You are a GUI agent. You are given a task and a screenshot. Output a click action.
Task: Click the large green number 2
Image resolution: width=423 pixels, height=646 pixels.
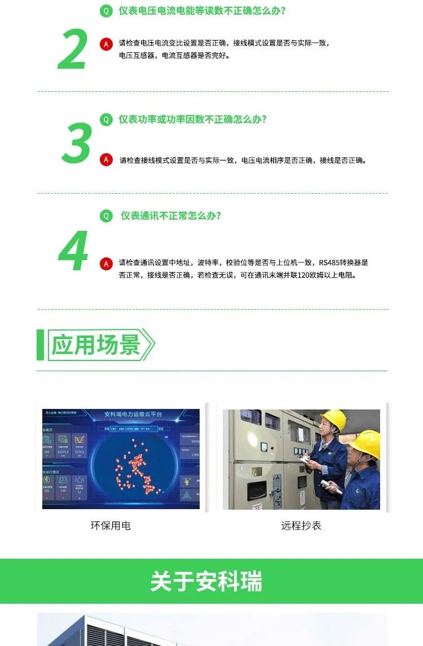pyautogui.click(x=73, y=50)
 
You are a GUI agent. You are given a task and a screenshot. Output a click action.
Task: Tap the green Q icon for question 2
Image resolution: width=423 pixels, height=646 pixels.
pyautogui.click(x=106, y=11)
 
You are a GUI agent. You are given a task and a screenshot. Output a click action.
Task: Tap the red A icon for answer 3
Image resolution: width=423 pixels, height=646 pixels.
pyautogui.click(x=106, y=160)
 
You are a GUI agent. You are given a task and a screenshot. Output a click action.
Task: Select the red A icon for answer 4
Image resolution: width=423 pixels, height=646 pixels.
pyautogui.click(x=106, y=263)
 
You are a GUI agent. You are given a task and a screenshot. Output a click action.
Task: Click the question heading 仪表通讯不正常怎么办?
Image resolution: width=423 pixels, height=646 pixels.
pyautogui.click(x=170, y=216)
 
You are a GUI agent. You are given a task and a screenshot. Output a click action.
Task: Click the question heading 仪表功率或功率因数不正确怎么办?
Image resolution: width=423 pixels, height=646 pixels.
pyautogui.click(x=192, y=119)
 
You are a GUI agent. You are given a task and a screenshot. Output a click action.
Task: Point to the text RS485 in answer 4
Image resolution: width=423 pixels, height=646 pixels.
pyautogui.click(x=329, y=262)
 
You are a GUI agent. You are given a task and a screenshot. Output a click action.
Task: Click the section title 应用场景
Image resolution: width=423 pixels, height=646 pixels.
pyautogui.click(x=95, y=345)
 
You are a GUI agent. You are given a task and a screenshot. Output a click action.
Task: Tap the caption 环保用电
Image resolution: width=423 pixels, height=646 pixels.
pyautogui.click(x=111, y=525)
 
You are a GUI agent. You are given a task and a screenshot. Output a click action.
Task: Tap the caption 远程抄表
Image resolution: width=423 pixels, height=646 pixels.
pyautogui.click(x=301, y=525)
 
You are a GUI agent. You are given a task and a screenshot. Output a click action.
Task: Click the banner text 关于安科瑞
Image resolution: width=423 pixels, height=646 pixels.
pyautogui.click(x=206, y=581)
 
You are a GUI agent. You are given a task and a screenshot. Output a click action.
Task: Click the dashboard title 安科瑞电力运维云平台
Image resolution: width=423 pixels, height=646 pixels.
pyautogui.click(x=133, y=415)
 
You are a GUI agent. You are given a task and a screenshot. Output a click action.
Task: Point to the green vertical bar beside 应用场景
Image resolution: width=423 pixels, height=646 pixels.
pyautogui.click(x=40, y=345)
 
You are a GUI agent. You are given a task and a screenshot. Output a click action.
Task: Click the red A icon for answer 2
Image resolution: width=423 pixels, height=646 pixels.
pyautogui.click(x=106, y=44)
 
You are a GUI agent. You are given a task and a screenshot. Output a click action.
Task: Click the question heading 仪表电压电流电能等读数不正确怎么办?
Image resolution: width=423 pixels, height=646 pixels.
pyautogui.click(x=201, y=11)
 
